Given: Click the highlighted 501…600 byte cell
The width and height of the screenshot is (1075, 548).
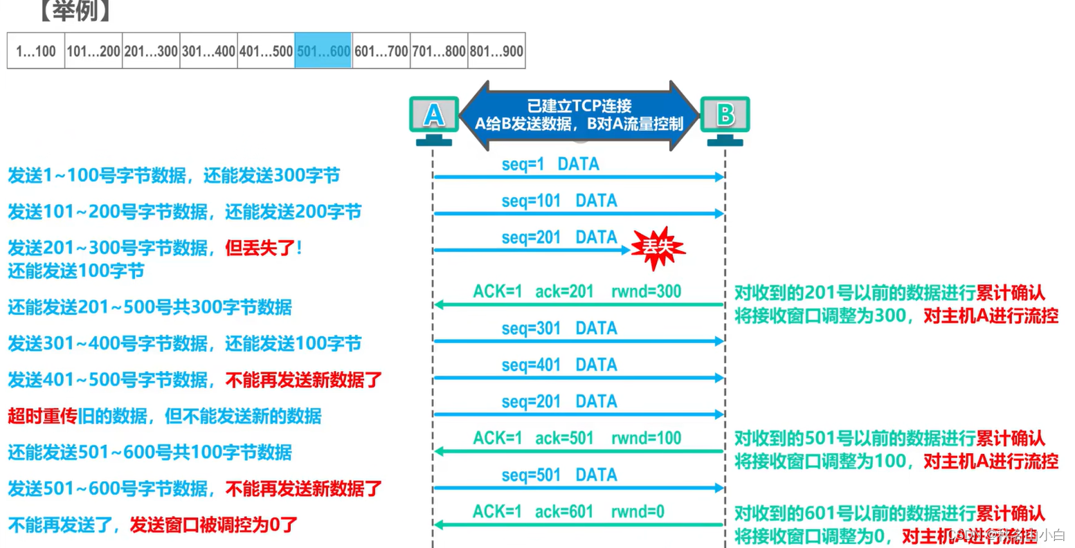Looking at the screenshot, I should pos(323,51).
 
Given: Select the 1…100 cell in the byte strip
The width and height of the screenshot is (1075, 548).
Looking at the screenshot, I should pos(36,51).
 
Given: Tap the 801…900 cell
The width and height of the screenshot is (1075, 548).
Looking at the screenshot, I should pos(496,51).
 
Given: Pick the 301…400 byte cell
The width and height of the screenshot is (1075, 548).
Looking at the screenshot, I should pos(208,51).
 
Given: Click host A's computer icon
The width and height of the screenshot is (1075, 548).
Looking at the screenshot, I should pos(434,118).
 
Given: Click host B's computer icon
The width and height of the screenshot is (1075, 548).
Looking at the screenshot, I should pos(725,118).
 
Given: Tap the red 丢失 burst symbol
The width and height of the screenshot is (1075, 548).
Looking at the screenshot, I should pos(658,247).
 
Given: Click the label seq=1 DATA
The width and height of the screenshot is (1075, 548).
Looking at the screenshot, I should pos(550,165).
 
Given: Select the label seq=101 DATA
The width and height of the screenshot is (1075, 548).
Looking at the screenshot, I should pos(559,201).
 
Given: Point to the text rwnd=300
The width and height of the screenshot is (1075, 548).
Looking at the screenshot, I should pos(646,291).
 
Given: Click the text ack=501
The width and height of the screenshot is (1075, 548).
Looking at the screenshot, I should pos(564,438).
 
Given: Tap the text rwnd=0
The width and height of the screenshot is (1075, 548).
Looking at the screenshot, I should pos(638,512).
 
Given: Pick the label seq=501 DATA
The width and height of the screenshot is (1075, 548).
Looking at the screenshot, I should pos(559,475).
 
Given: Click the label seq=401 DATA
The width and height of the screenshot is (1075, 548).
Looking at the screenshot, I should pos(559,365).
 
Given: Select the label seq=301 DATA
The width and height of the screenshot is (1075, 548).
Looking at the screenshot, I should pos(559,328).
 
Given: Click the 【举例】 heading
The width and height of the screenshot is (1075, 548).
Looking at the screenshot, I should pos(75,11).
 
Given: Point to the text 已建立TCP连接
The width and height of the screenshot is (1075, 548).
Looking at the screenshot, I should pos(579,106).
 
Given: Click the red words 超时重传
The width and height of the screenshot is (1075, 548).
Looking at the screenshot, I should pos(42,416).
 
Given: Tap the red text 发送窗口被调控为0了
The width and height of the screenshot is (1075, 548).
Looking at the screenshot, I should pos(213,524).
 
